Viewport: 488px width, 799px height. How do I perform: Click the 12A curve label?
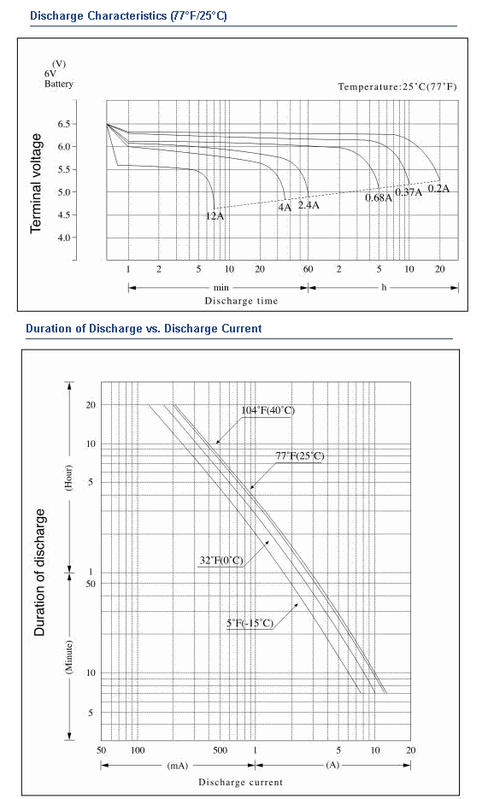click(215, 216)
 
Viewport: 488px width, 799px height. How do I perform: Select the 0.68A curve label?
click(379, 197)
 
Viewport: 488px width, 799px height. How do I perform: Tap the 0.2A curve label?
click(438, 189)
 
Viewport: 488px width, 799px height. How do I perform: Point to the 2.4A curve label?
click(309, 205)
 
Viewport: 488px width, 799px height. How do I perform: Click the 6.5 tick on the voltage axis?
click(64, 124)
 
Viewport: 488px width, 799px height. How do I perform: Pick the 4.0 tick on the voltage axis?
click(64, 238)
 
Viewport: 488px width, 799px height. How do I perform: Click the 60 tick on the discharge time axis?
click(309, 269)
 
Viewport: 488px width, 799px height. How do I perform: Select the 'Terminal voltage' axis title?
click(36, 184)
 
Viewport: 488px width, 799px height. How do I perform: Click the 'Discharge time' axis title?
click(242, 301)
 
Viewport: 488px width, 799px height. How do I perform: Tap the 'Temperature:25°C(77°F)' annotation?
click(397, 86)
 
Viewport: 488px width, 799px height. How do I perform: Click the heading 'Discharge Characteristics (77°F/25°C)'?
click(128, 15)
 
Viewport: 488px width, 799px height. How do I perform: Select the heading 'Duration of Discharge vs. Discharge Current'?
click(144, 329)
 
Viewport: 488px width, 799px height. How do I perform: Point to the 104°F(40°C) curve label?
click(268, 411)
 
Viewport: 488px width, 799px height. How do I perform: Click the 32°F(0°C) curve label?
click(221, 561)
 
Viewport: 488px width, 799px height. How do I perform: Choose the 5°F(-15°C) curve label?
click(250, 623)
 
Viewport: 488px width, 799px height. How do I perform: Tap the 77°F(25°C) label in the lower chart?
click(299, 455)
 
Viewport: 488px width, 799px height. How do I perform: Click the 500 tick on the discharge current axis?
click(220, 750)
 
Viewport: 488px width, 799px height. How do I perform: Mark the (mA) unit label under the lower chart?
click(177, 766)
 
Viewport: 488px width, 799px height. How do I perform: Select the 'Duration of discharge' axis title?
click(39, 573)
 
